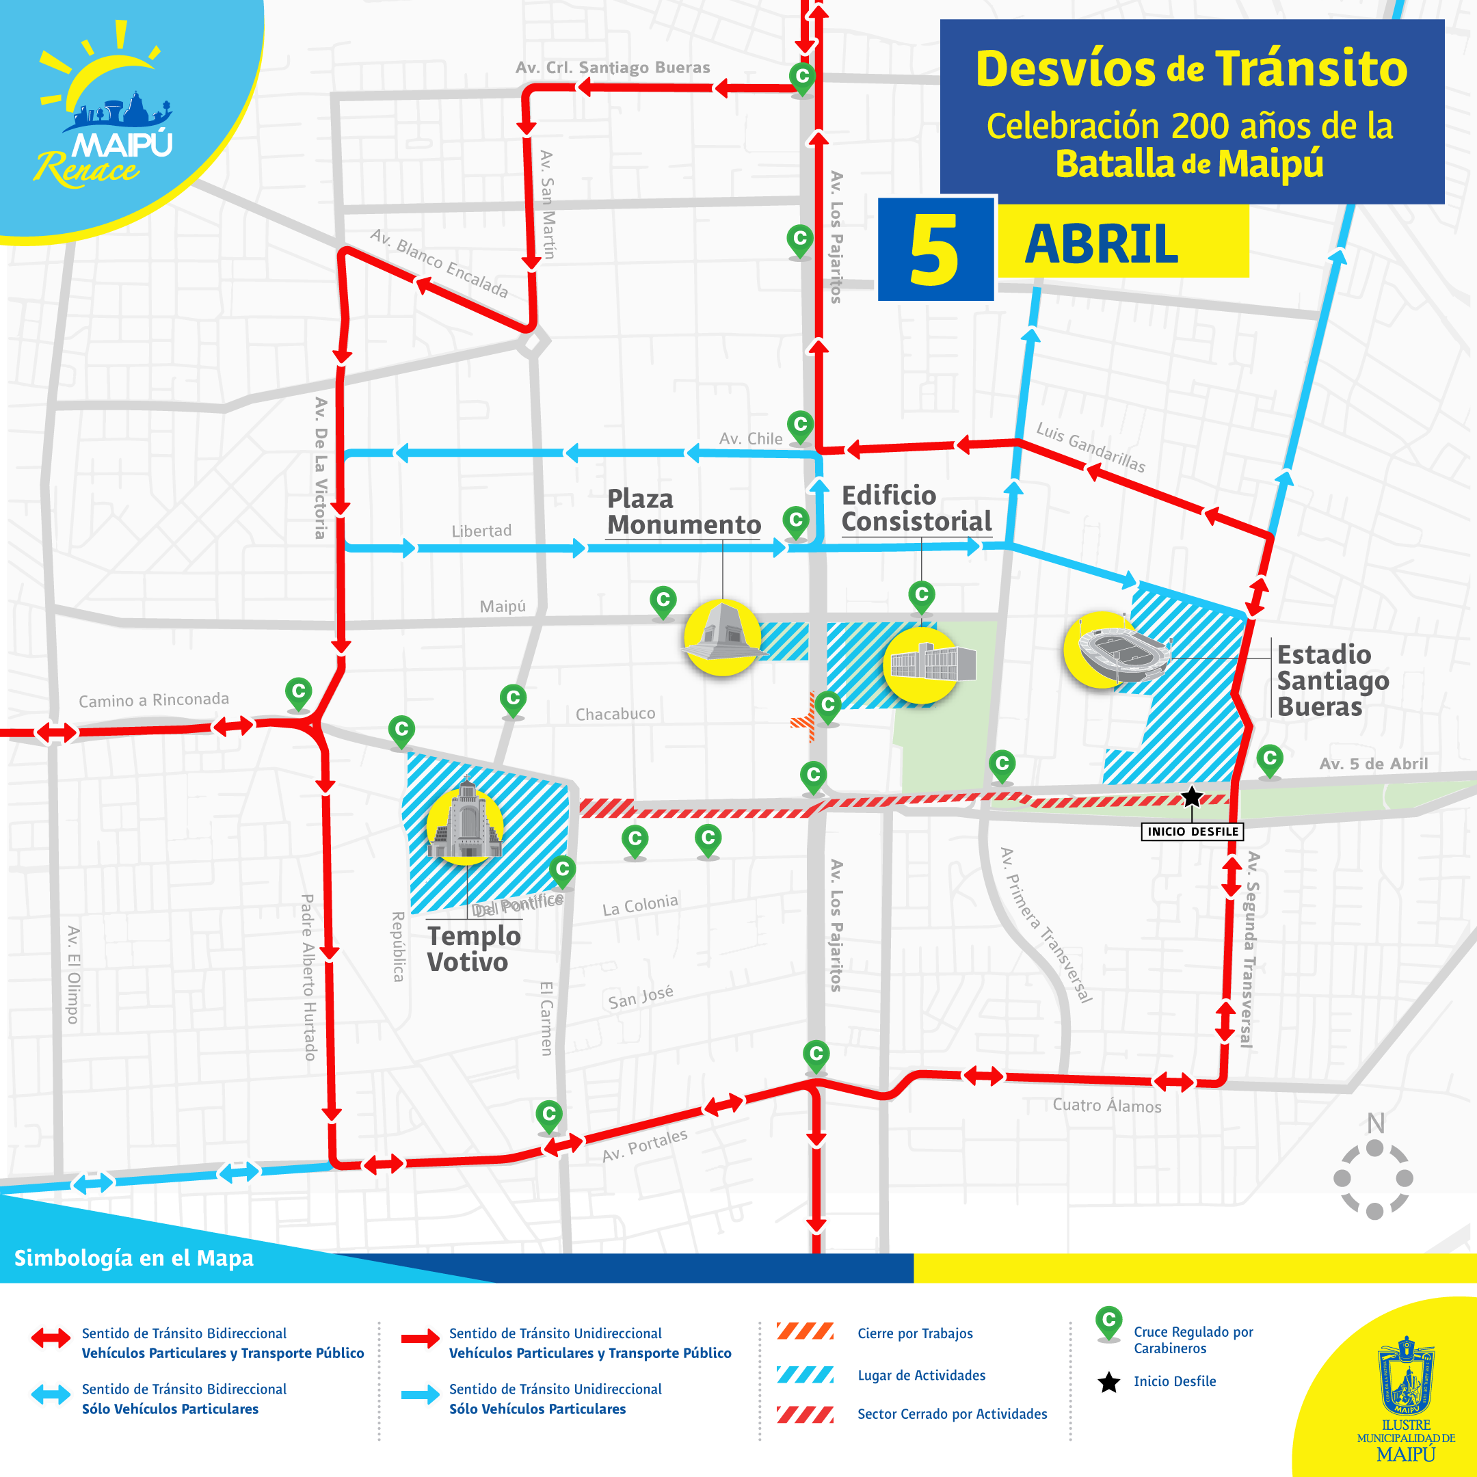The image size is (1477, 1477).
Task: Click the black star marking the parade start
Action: [x=1191, y=797]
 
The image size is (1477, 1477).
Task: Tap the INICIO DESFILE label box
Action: [x=1192, y=831]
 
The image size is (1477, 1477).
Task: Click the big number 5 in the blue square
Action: [x=933, y=249]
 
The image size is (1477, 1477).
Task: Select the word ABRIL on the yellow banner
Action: [x=1101, y=244]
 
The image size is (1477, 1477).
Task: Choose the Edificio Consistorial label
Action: [x=916, y=508]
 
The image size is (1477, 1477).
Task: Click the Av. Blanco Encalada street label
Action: [x=439, y=262]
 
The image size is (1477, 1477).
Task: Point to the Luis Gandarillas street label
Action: [x=1090, y=447]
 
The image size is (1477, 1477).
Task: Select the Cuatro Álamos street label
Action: [x=1106, y=1106]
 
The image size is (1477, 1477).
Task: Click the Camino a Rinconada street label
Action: [x=154, y=700]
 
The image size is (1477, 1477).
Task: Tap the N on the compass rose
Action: [x=1375, y=1123]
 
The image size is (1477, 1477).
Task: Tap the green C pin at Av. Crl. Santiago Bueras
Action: [x=802, y=78]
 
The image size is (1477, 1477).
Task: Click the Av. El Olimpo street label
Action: [x=73, y=974]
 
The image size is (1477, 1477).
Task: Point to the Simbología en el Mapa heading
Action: [x=134, y=1258]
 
